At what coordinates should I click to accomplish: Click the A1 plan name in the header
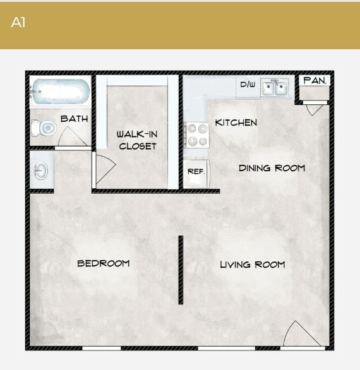[x=18, y=23]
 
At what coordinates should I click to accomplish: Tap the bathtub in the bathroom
[x=59, y=92]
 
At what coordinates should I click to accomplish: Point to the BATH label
[x=74, y=119]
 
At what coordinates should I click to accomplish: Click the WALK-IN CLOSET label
[x=137, y=140]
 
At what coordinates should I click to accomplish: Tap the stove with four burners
[x=196, y=134]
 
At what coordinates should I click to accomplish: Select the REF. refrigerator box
[x=195, y=172]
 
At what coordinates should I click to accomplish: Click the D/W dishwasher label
[x=248, y=85]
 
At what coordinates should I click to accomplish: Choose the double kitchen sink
[x=275, y=87]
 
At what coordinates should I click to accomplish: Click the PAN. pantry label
[x=314, y=81]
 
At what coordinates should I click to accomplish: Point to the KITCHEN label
[x=236, y=122]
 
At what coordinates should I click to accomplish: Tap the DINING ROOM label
[x=272, y=168]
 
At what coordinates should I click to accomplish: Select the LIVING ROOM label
[x=252, y=265]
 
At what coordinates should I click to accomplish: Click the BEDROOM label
[x=104, y=263]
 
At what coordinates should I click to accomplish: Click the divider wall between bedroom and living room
[x=181, y=270]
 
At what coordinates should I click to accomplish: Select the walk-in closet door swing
[x=104, y=169]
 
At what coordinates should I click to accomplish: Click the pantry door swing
[x=314, y=109]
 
